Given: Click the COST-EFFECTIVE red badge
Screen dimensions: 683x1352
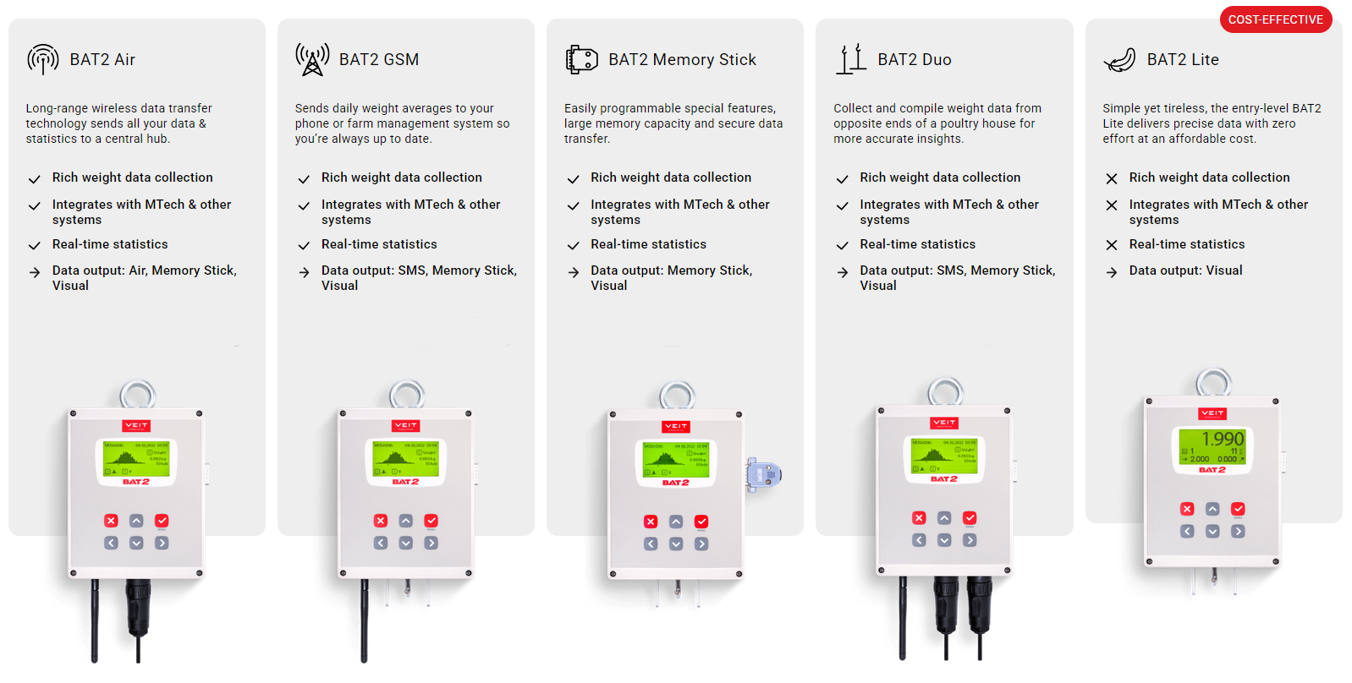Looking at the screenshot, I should coord(1275,19).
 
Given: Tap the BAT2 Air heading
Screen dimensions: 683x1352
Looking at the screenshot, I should coord(102,60).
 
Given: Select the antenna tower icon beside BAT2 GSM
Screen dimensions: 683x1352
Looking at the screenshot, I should coord(312,59).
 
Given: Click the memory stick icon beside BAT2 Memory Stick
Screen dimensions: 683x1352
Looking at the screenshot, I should coord(581,59).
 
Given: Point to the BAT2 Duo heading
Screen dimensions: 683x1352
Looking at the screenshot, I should coord(914,60).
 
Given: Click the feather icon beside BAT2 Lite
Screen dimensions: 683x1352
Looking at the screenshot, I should coord(1119,60).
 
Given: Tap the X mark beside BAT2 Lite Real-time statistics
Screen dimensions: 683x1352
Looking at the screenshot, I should coord(1112,245).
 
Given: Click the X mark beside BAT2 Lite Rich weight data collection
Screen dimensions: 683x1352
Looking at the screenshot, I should coord(1112,178).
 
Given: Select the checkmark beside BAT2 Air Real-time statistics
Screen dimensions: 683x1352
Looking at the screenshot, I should coord(35,246).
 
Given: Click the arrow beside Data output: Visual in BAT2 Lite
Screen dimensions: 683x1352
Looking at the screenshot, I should coord(1112,272).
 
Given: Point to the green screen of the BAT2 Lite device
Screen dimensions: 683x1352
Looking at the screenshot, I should coord(1212,448).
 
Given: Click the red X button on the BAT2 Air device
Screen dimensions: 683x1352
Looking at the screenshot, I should coord(111,521).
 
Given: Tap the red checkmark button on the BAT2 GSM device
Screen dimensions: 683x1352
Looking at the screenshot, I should coord(431,521).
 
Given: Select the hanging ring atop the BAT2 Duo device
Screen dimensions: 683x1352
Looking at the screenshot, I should coord(945,391).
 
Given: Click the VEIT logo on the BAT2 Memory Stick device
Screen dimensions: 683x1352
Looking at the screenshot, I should coord(675,426).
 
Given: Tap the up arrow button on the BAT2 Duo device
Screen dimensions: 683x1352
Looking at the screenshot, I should coord(944,518).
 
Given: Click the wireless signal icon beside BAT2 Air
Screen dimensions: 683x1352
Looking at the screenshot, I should coord(43,59).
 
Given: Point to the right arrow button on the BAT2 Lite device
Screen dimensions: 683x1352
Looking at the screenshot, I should coord(1238,532).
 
